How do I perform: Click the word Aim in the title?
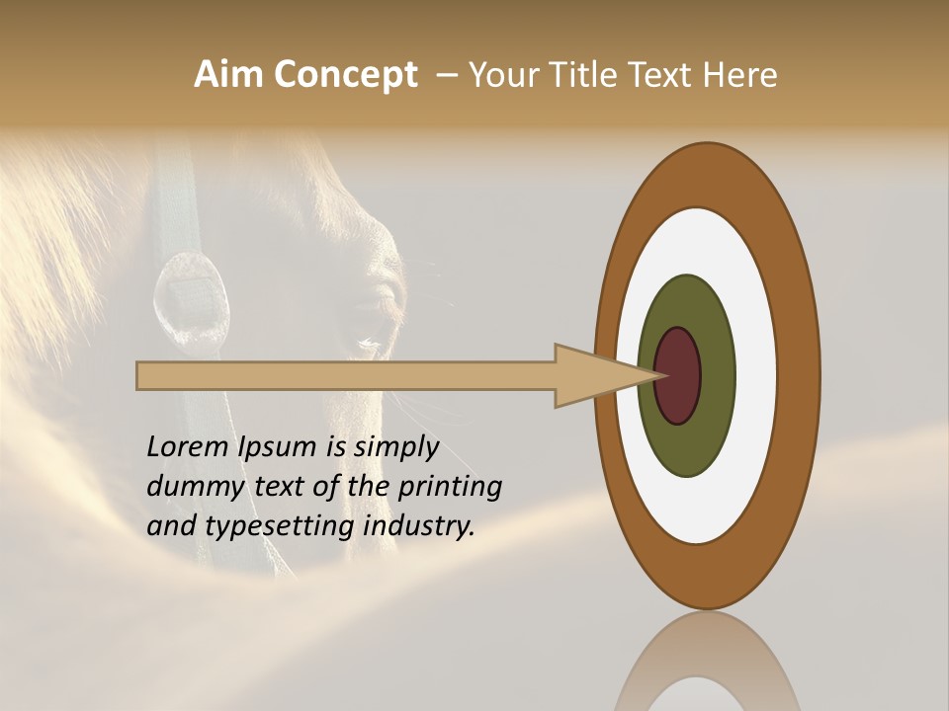pos(228,75)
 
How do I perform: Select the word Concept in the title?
pos(345,75)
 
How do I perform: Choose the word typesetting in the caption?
pos(281,525)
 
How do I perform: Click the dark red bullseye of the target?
pos(678,375)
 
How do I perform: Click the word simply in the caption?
pos(395,446)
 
